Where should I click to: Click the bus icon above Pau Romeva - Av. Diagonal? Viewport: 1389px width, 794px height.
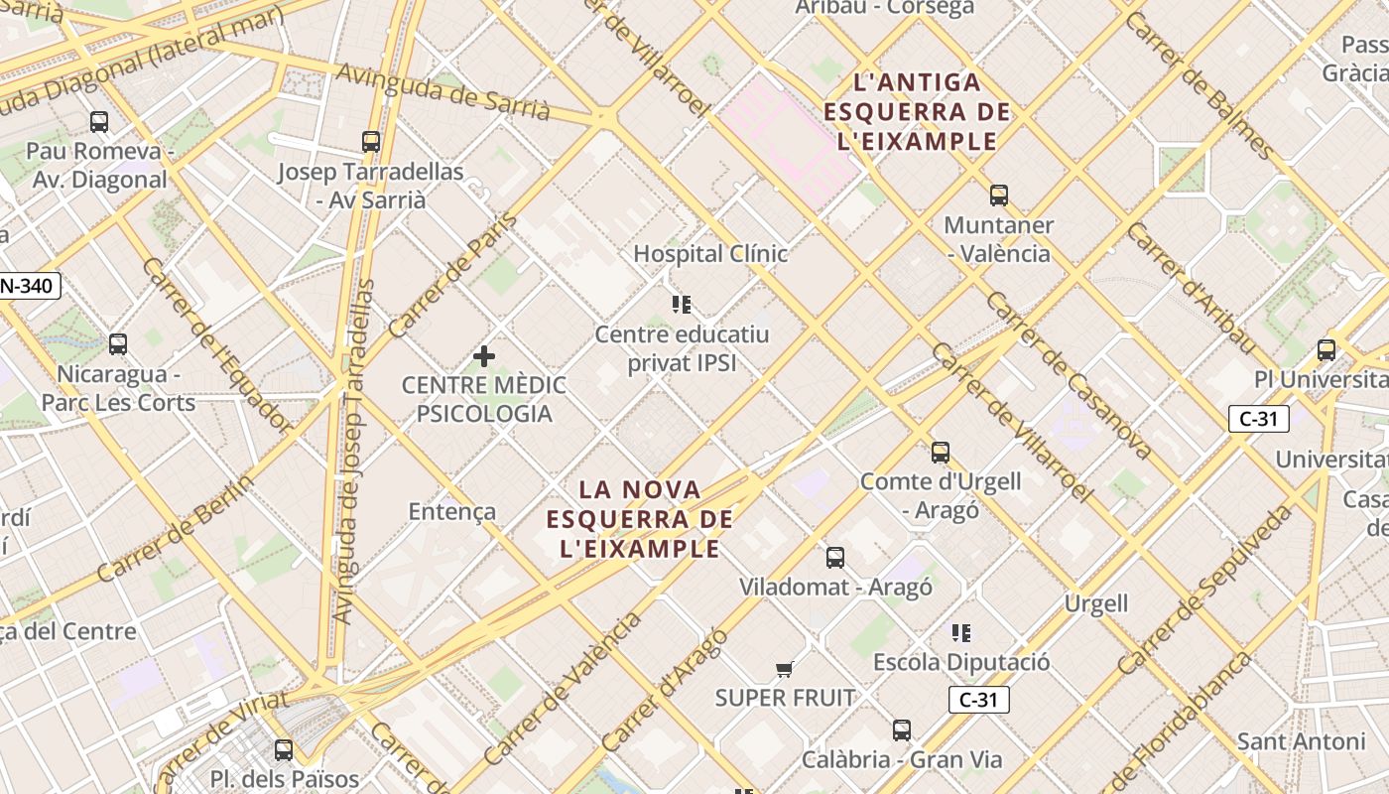pos(99,122)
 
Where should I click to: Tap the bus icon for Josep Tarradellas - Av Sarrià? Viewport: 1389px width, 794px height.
pos(371,142)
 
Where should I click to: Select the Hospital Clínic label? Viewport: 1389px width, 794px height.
pos(710,254)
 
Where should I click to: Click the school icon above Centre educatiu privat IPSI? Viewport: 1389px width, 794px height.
pos(682,305)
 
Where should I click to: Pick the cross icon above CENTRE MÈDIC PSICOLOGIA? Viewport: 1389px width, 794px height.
pos(484,355)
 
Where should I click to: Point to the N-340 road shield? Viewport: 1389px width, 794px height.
pos(30,287)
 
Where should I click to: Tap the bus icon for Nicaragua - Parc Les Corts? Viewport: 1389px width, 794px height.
pos(118,344)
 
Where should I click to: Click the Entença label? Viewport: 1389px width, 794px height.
pos(452,511)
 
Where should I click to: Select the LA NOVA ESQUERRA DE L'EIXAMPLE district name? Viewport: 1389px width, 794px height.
pos(640,519)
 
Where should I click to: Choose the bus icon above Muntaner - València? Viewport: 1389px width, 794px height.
pos(999,196)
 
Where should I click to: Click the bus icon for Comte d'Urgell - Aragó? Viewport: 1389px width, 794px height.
pos(941,453)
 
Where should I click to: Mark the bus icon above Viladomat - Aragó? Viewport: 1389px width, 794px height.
pos(835,558)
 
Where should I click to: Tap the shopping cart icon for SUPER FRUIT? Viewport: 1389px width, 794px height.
pos(785,669)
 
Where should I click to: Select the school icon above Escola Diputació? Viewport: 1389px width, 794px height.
pos(960,632)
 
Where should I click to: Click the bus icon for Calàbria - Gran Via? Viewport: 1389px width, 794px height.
pos(902,730)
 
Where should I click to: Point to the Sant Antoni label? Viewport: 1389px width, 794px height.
pos(1301,741)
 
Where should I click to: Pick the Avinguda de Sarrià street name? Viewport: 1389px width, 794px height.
pos(442,90)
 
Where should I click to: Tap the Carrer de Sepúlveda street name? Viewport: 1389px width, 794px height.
pos(1206,590)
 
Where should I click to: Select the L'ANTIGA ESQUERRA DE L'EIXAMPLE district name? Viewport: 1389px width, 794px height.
pos(917,112)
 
